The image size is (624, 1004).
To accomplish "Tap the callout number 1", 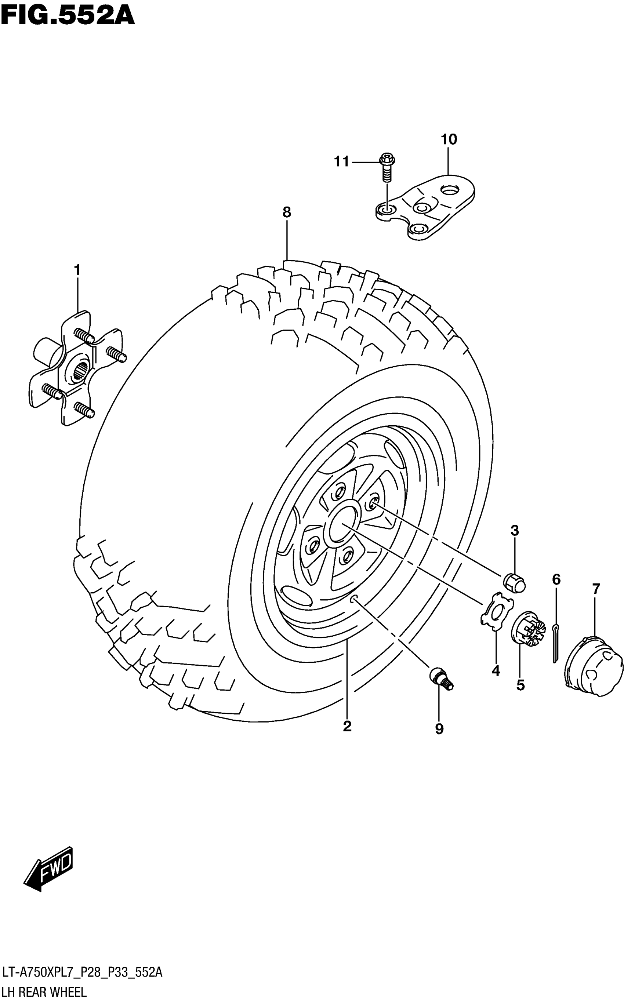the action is (x=77, y=270).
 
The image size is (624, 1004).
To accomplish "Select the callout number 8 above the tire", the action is (x=287, y=212).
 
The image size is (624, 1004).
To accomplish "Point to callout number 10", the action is (x=449, y=140).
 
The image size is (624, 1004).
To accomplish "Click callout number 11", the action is (x=341, y=162).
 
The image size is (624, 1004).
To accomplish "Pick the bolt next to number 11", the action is (x=387, y=167).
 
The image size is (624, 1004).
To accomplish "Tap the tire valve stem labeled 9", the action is (x=441, y=680).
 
